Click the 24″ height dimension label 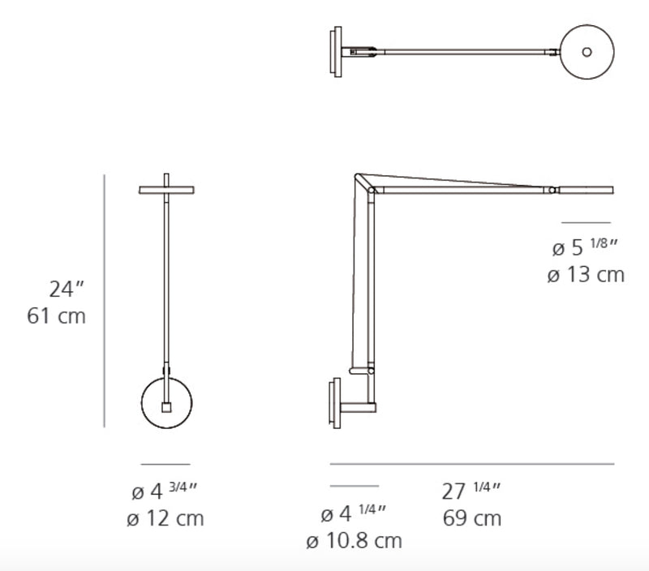(x=67, y=290)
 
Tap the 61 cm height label (x=56, y=316)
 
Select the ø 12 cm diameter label (x=165, y=518)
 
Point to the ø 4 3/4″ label (x=165, y=492)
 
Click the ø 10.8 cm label (x=354, y=540)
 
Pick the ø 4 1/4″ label (x=353, y=513)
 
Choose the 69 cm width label (x=472, y=518)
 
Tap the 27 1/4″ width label (x=471, y=492)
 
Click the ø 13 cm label (x=586, y=275)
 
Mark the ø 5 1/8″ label (x=585, y=247)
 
